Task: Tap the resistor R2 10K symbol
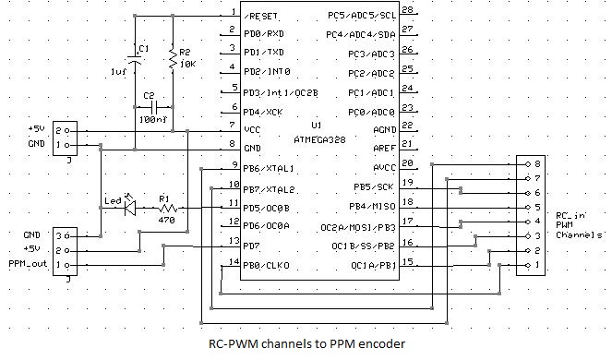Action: [172, 60]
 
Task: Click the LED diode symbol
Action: [129, 209]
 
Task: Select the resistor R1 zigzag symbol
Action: [167, 210]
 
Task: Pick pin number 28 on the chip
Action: [407, 11]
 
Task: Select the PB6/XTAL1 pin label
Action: [268, 169]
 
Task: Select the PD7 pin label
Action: [253, 246]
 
